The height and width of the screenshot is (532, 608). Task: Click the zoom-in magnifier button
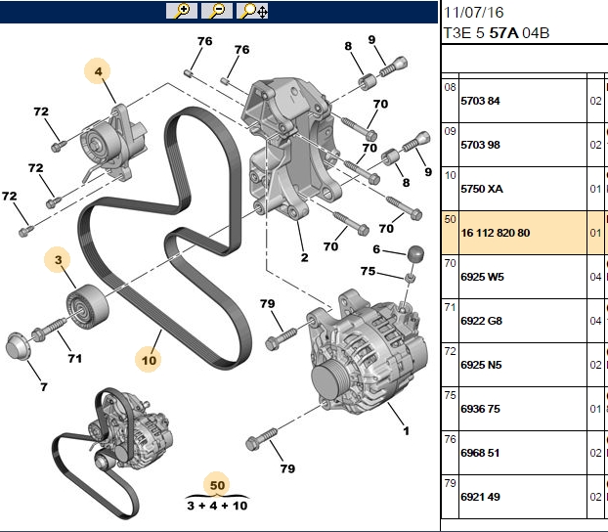coord(182,11)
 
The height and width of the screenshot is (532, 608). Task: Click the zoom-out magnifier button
coord(217,11)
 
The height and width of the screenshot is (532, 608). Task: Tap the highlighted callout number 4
coord(98,71)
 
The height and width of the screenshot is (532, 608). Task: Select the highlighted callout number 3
coord(58,259)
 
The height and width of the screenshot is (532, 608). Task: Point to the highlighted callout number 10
coord(149,360)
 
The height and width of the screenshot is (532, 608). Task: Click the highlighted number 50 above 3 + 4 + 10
coord(217,485)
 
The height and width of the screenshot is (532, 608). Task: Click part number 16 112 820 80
coord(496,233)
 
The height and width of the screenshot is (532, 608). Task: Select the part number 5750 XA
coord(482,189)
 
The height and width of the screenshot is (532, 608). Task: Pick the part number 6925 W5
coord(482,277)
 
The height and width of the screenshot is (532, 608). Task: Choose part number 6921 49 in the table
coord(480,497)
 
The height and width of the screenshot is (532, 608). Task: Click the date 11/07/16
coord(473,13)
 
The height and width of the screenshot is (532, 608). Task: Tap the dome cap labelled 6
coord(415,254)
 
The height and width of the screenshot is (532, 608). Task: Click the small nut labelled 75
coord(411,278)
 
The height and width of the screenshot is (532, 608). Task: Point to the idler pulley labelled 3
coord(87,306)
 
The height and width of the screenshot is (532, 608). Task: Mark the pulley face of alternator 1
coord(326,382)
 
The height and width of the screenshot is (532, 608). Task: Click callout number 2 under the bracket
coord(304,257)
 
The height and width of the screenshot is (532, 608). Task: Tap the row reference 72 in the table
coord(451,351)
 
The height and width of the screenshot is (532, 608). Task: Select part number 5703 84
coord(480,101)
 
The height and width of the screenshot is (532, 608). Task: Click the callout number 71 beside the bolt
coord(75,358)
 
